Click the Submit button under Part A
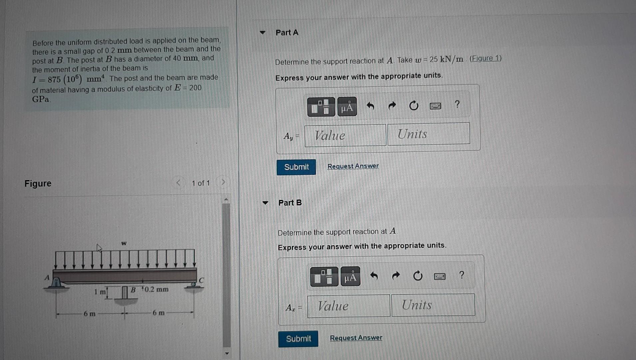296,167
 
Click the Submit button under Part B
298,339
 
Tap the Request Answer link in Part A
353,166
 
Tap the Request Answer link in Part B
356,338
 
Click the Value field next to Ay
345,135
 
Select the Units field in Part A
428,134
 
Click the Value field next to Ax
348,306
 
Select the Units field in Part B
433,305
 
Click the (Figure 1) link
485,59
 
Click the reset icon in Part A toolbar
413,106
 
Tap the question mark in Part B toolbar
461,275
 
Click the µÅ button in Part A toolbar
347,107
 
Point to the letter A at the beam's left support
47,278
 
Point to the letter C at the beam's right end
201,280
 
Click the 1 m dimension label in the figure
100,292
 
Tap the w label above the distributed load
124,243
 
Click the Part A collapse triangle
263,33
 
